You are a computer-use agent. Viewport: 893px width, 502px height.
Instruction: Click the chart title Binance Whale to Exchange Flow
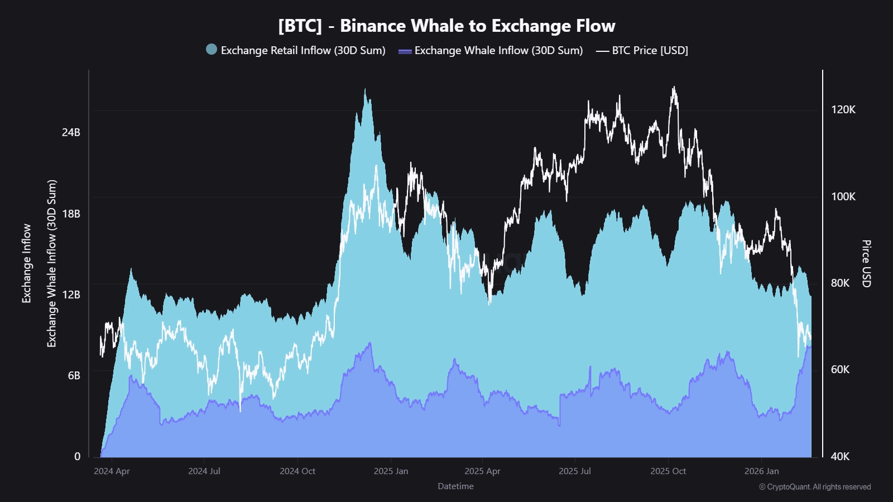click(446, 26)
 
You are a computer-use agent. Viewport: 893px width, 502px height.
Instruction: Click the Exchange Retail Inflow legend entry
click(296, 50)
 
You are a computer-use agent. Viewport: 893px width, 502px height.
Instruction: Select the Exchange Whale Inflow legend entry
click(491, 50)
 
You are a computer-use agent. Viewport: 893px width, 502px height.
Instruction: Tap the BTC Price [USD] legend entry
click(642, 50)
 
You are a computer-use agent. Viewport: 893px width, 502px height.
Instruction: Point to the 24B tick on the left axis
click(71, 132)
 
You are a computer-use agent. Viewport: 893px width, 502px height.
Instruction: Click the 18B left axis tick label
click(71, 214)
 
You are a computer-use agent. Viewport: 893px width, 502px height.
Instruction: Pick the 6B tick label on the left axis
click(74, 375)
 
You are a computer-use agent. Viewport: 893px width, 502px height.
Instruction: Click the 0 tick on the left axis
click(78, 456)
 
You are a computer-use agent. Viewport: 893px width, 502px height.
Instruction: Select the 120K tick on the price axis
click(843, 109)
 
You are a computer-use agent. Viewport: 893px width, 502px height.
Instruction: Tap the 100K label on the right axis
click(843, 196)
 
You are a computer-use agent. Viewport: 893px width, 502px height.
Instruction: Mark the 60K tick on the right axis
click(840, 369)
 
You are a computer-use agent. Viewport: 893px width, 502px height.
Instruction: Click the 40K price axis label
click(840, 456)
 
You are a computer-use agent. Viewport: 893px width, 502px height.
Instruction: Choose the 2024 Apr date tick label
click(112, 471)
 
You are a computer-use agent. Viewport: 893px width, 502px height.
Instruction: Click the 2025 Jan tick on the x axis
click(391, 471)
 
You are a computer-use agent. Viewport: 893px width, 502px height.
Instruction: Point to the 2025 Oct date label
click(668, 471)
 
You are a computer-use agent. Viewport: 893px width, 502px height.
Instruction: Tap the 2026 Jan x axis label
click(761, 471)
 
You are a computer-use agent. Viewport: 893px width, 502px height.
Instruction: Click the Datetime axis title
click(455, 486)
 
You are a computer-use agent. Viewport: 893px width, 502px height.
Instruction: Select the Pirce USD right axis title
click(866, 263)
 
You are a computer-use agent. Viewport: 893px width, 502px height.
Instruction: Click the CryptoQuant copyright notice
click(815, 487)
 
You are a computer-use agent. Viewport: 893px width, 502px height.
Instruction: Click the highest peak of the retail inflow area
click(365, 90)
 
